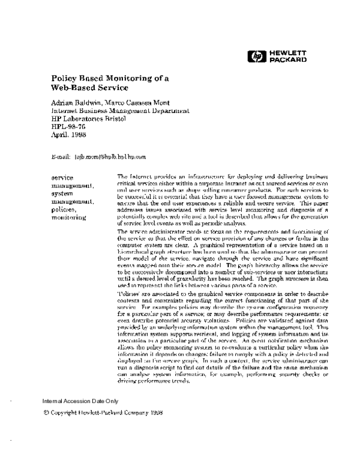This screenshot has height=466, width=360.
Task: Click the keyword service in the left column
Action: [63, 177]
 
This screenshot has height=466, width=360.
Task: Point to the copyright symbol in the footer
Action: [46, 413]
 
